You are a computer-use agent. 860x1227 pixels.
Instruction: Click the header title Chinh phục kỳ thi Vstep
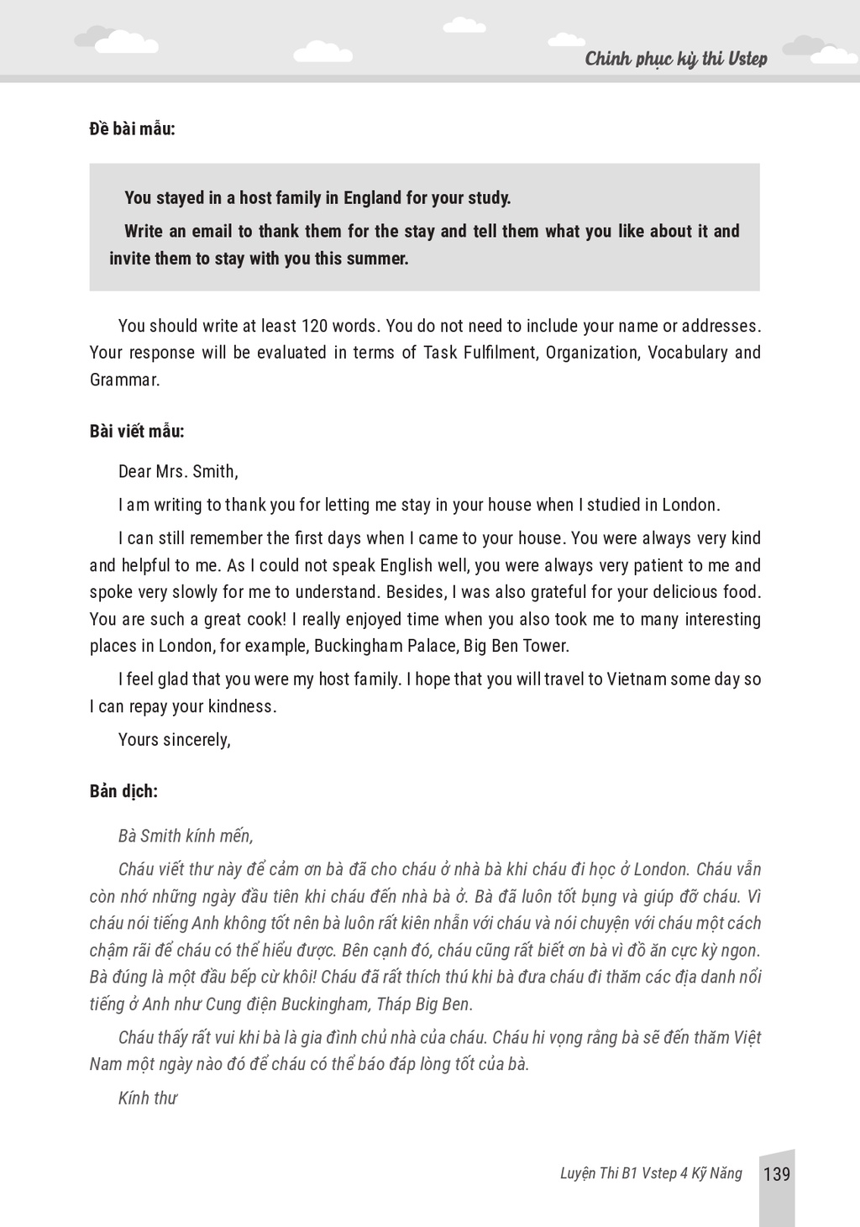coord(675,59)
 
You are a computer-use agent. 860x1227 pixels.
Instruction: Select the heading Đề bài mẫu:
coord(133,129)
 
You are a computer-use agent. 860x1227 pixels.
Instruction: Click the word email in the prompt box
coord(212,232)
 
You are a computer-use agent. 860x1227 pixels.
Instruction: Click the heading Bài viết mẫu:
coord(137,432)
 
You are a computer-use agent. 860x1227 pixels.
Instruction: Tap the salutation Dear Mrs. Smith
coord(178,471)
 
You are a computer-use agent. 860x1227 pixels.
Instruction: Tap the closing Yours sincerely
coord(175,740)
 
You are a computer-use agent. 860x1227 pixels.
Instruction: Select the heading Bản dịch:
coord(123,791)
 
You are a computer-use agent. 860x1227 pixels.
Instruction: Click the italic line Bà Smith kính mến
coord(186,836)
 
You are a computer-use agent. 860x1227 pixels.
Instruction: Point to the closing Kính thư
coord(148,1098)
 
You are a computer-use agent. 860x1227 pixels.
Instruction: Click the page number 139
coord(777,1173)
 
